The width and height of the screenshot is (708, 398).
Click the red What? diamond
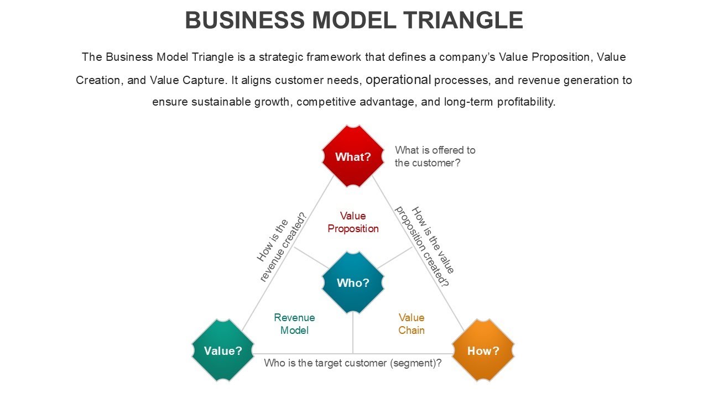(x=353, y=156)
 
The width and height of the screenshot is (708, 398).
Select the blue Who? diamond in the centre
(x=353, y=282)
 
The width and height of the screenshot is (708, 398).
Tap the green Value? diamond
(x=223, y=350)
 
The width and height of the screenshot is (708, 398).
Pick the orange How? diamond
(x=483, y=350)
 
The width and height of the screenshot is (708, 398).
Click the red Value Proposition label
(x=353, y=222)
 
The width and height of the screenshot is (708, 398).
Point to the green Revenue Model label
(x=294, y=324)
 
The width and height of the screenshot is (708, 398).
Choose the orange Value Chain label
(x=412, y=324)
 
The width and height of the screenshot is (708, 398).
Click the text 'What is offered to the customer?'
(x=435, y=156)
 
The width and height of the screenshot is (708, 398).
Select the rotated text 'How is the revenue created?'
(x=282, y=247)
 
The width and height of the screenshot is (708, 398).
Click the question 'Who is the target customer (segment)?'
(x=353, y=363)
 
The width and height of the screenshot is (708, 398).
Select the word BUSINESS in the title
(x=245, y=20)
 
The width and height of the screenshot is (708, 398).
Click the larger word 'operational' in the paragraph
(x=398, y=80)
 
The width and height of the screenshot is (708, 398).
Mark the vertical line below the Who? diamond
(x=353, y=333)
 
